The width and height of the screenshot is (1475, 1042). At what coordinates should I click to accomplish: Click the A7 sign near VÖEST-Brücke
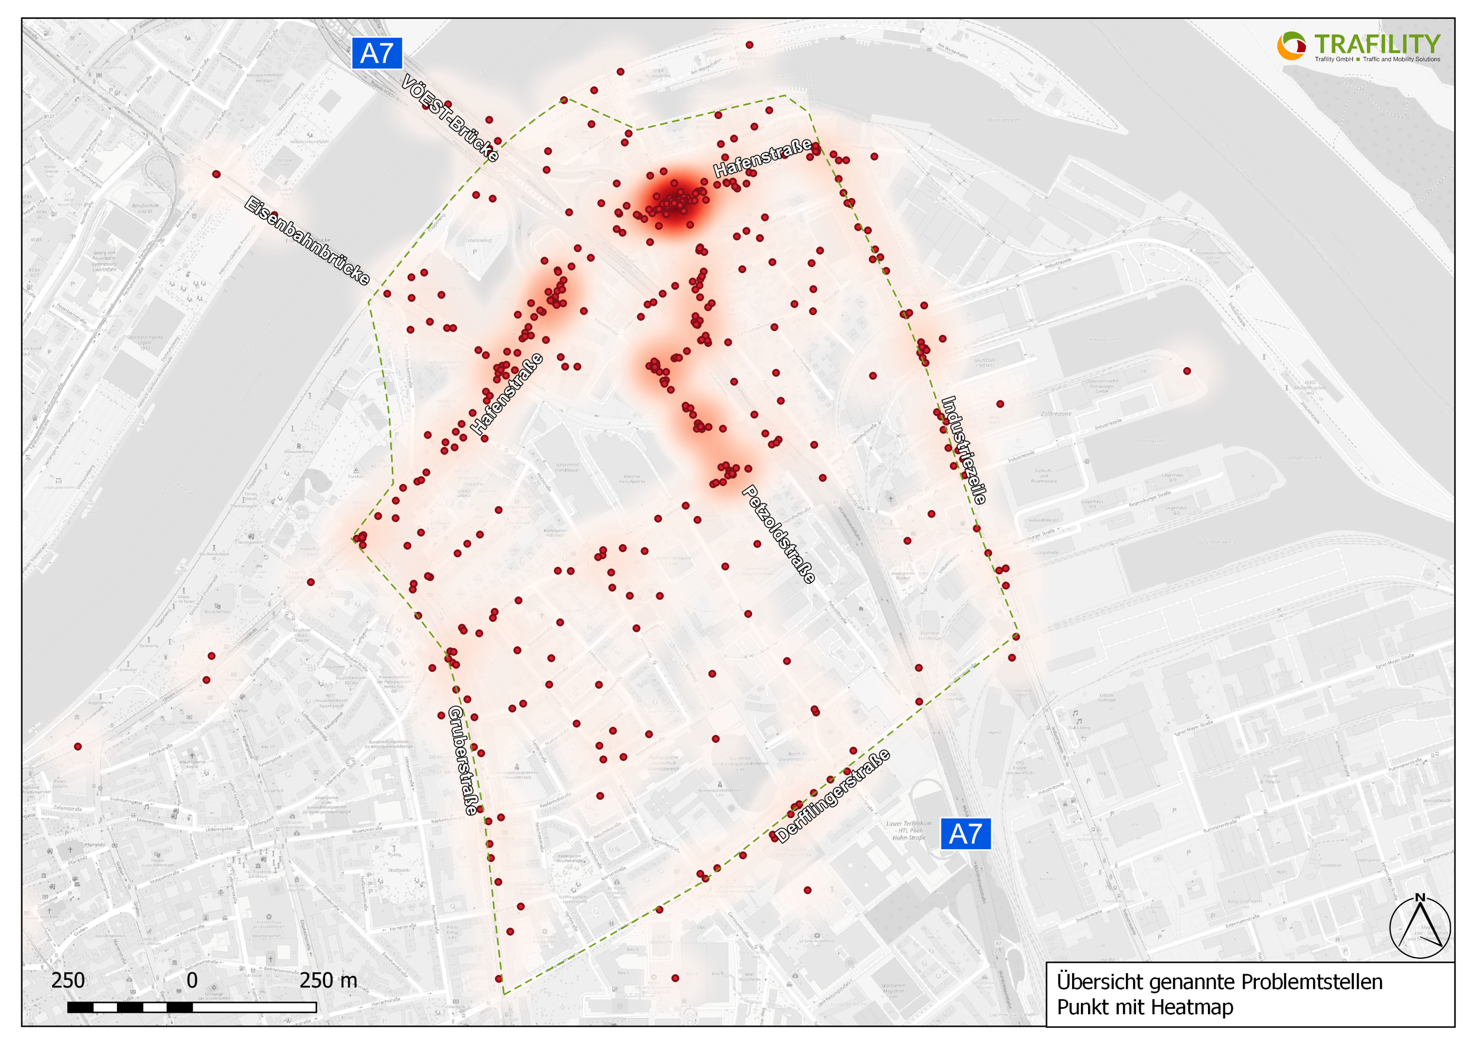pos(376,53)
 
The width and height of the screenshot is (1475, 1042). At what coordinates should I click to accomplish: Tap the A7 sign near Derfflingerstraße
pos(965,834)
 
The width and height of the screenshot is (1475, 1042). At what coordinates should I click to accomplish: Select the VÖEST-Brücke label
pos(450,117)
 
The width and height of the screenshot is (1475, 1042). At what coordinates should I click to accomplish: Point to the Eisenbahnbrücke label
pos(307,240)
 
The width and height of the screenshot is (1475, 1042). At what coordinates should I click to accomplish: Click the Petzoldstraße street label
pos(779,534)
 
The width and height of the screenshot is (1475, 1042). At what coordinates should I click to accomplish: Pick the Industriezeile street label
pos(963,450)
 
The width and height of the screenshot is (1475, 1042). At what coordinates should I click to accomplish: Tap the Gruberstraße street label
pos(463,761)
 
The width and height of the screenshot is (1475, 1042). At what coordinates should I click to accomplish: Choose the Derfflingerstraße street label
pos(833,795)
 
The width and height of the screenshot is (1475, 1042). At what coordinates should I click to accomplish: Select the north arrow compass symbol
pos(1420,925)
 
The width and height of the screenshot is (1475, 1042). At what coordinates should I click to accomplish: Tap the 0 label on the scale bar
pos(192,980)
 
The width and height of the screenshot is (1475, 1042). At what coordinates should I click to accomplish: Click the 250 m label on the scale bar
pos(328,980)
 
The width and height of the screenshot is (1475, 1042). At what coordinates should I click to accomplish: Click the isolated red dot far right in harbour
pos(1187,371)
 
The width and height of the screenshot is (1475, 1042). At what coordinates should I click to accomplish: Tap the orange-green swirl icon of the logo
pos(1291,46)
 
